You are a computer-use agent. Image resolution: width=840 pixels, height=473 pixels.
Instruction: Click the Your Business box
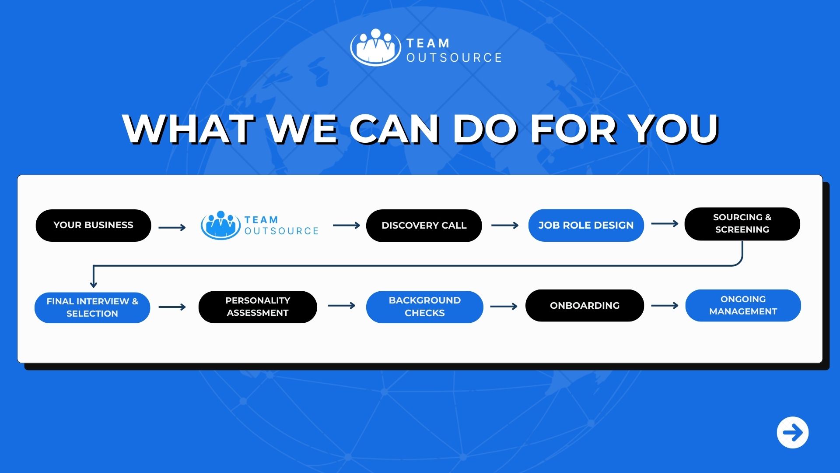click(x=93, y=225)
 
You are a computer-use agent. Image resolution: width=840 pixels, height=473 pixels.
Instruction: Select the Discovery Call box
click(x=424, y=226)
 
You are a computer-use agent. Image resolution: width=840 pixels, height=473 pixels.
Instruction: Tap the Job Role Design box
click(x=586, y=225)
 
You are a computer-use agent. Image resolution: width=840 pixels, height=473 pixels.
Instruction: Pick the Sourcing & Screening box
click(x=742, y=224)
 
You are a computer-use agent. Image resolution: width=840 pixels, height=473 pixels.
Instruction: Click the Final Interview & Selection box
click(x=92, y=307)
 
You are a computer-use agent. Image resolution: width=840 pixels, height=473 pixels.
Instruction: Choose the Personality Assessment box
click(x=258, y=307)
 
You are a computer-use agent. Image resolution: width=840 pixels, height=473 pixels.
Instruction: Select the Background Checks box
click(x=425, y=307)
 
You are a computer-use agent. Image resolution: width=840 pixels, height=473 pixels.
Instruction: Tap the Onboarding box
click(x=584, y=305)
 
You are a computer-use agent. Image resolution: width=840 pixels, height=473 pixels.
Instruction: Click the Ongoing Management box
click(x=743, y=305)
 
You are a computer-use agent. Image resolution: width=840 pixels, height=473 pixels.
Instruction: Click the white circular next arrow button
click(x=793, y=433)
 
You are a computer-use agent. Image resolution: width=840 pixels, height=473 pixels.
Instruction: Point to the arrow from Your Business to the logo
click(x=172, y=228)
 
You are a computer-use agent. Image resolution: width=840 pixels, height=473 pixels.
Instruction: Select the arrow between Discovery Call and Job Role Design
click(x=505, y=226)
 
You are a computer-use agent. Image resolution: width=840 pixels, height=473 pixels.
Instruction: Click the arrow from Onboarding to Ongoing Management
click(x=665, y=306)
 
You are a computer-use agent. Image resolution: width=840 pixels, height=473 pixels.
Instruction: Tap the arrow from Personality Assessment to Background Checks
click(x=342, y=306)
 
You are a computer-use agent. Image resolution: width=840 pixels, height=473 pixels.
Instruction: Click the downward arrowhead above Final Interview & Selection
click(x=93, y=284)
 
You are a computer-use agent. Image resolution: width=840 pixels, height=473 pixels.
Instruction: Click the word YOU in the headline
click(x=674, y=129)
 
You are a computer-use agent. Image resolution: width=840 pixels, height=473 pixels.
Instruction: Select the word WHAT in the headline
click(x=189, y=129)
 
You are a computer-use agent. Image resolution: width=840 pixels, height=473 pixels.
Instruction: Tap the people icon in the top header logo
click(x=375, y=47)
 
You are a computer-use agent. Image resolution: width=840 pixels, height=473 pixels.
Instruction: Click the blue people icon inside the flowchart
click(x=220, y=225)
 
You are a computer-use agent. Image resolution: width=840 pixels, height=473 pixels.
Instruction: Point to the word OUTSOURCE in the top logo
click(x=454, y=58)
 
